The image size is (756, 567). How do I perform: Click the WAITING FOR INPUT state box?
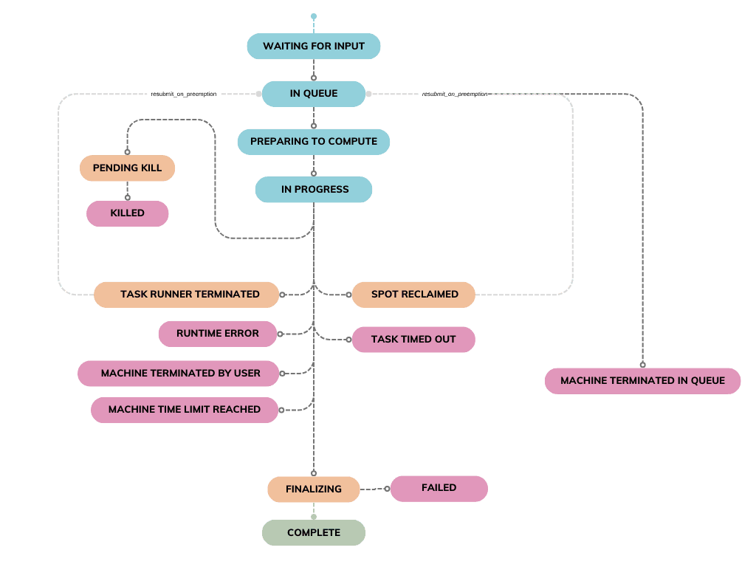[x=314, y=46]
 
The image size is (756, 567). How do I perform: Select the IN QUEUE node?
[x=314, y=94]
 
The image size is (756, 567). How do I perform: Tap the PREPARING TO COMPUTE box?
[x=314, y=141]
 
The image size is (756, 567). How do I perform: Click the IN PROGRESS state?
[x=314, y=189]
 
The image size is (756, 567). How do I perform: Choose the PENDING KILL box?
[x=127, y=168]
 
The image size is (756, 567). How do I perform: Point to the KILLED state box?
[x=127, y=213]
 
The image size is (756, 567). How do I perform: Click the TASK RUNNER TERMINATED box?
[x=186, y=294]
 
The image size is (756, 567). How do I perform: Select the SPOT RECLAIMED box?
[x=413, y=294]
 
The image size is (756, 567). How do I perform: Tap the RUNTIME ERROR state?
[x=218, y=334]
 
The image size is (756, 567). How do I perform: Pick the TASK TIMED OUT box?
[x=413, y=340]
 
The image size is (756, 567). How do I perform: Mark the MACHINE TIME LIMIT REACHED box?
[x=185, y=409]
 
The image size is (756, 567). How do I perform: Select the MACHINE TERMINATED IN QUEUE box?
[x=642, y=381]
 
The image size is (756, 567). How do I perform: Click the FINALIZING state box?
[x=314, y=489]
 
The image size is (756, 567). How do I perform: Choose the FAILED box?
[x=439, y=488]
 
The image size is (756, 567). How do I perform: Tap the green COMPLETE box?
[x=314, y=532]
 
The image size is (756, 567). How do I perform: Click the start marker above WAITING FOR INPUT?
[x=314, y=16]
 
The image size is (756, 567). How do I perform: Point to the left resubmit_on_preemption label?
[x=184, y=94]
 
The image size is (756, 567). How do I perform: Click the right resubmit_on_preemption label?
[x=454, y=94]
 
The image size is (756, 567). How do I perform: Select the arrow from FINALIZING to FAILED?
[x=375, y=489]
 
